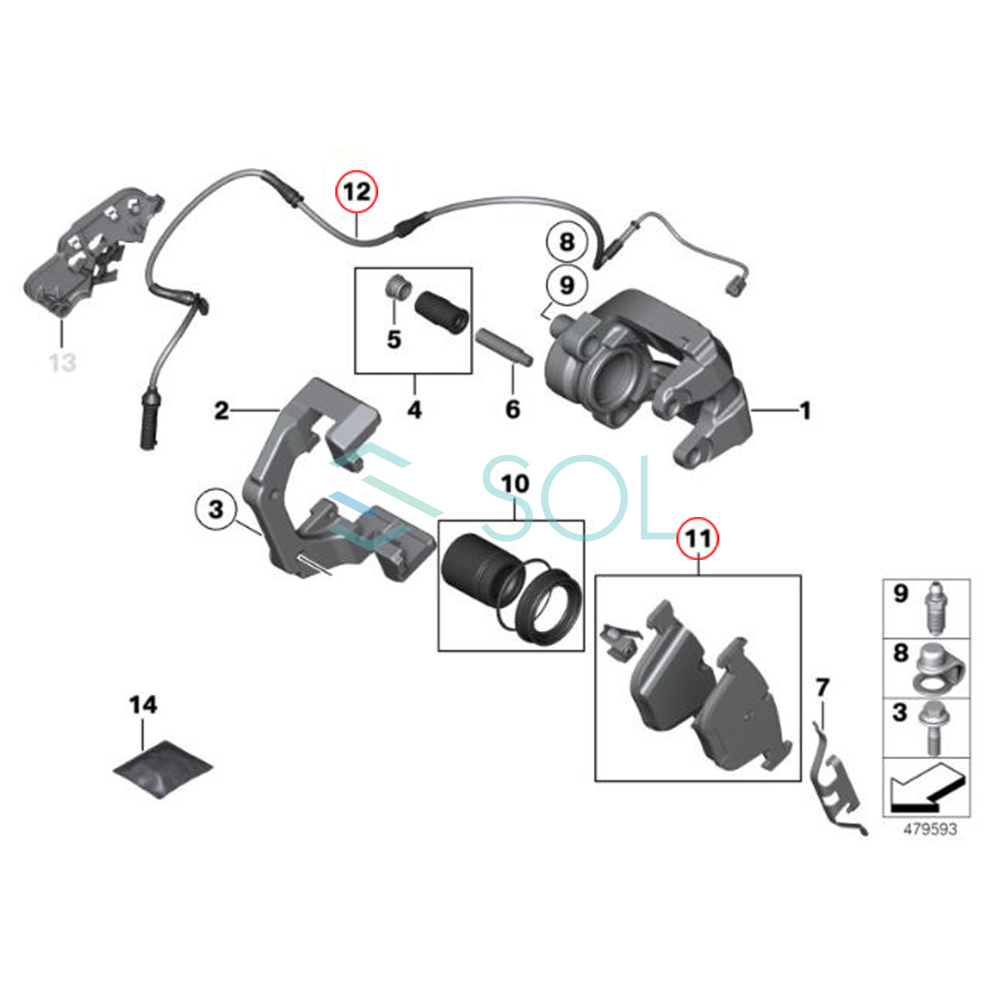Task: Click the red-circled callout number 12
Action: click(x=357, y=192)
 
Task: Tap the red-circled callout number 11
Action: click(x=699, y=538)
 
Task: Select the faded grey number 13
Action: click(x=63, y=362)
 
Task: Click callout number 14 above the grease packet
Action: click(x=143, y=704)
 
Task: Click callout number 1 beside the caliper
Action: click(x=805, y=411)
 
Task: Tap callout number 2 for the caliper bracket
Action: click(x=221, y=411)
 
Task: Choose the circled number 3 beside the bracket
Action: click(x=216, y=510)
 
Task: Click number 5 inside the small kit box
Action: click(x=394, y=339)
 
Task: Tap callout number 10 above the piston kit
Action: click(x=514, y=483)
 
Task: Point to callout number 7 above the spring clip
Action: click(x=823, y=688)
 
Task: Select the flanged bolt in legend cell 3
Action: click(x=936, y=731)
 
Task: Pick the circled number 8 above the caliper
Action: click(x=567, y=242)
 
